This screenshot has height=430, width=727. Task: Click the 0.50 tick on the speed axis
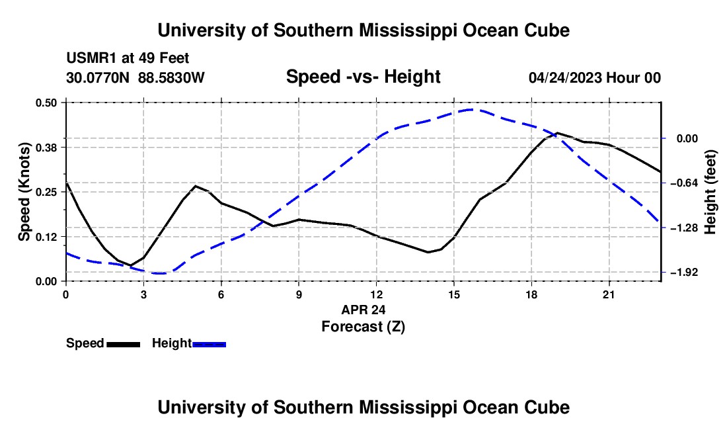(x=46, y=103)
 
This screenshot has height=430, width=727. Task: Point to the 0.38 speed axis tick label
(x=46, y=148)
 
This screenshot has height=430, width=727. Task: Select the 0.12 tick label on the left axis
(x=46, y=237)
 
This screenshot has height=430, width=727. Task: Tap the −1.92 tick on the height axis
(x=684, y=273)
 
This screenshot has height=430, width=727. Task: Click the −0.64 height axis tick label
(x=684, y=183)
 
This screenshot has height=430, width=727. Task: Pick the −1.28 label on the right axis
(x=684, y=228)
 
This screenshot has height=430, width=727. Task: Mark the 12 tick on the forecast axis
(x=377, y=294)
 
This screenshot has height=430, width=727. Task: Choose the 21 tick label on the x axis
(x=609, y=294)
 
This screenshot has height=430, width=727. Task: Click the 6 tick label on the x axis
(x=221, y=294)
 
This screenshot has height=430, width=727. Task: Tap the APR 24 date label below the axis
(x=363, y=310)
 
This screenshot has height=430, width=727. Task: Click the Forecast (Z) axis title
(x=363, y=327)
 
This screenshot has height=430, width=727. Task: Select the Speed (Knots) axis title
(x=24, y=192)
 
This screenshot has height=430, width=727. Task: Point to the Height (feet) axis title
(x=710, y=192)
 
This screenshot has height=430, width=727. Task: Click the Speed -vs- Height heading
(x=363, y=77)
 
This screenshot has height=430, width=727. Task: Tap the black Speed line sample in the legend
(x=124, y=344)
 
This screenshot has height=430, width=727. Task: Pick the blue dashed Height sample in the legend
(x=209, y=344)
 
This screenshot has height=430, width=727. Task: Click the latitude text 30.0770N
(x=98, y=77)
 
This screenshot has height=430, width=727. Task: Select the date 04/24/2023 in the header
(x=565, y=77)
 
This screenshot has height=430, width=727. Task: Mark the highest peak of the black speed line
(x=557, y=133)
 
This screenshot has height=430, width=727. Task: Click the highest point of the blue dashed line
(x=471, y=109)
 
